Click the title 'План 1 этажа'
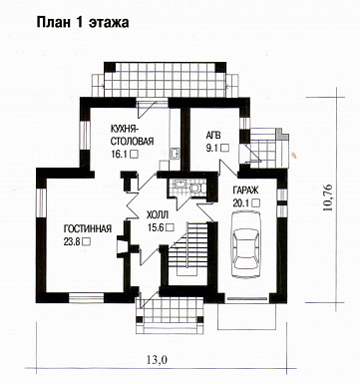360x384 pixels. pos(83,23)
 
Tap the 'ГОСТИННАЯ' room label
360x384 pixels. pos(88,228)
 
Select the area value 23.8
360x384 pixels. pos(71,241)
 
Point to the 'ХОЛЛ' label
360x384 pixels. pos(158,214)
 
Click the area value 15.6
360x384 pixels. pos(156,227)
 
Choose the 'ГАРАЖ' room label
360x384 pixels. pos(245,191)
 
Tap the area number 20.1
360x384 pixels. pos(241,202)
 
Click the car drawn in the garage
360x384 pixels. pos(245,244)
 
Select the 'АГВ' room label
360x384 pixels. pos(213,135)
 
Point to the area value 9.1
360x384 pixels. pos(211,148)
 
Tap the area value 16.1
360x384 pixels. pos(119,154)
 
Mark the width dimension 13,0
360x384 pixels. pos(157,359)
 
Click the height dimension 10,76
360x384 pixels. pos(327,196)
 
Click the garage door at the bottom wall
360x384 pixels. pos(247,298)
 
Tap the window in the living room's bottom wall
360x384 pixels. pos(87,297)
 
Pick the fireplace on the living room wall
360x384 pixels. pos(123,246)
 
